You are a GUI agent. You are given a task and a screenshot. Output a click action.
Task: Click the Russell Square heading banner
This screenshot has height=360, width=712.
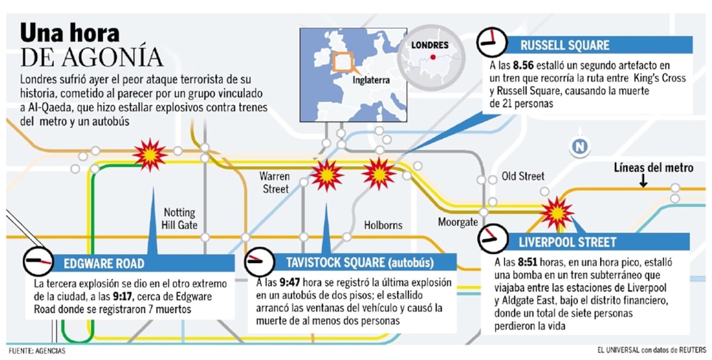[x=598, y=45]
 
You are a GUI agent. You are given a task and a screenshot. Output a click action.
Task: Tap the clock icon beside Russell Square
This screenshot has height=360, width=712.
[x=491, y=42]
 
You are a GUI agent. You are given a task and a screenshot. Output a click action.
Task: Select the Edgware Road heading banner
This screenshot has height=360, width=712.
[x=142, y=264]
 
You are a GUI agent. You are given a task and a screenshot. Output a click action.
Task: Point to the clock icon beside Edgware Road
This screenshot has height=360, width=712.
[x=38, y=262]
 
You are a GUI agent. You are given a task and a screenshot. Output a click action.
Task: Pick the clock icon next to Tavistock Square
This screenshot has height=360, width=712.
[x=259, y=262]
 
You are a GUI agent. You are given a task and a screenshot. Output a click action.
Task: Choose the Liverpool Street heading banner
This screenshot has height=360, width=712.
[x=598, y=241]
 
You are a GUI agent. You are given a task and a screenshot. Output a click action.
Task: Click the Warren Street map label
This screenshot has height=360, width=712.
[x=274, y=182]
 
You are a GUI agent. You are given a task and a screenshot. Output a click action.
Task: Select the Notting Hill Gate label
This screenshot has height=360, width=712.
[x=180, y=219]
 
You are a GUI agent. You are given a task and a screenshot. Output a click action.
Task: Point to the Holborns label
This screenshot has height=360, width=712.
[x=383, y=225]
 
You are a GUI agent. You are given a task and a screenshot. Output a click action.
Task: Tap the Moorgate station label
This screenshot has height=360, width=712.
[x=458, y=222]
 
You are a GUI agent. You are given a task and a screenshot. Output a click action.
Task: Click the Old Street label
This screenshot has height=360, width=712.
[x=523, y=176]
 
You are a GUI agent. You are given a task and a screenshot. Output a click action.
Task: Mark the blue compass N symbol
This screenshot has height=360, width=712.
[x=579, y=147]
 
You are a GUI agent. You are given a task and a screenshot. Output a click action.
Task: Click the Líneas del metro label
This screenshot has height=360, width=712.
[x=653, y=168]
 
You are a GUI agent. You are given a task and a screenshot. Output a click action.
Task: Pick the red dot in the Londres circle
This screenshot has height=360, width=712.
[x=432, y=57]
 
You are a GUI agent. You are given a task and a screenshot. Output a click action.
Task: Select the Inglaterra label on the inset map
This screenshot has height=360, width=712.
[x=371, y=81]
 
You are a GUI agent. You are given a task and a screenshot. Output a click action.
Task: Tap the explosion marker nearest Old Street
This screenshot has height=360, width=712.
[x=557, y=213]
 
